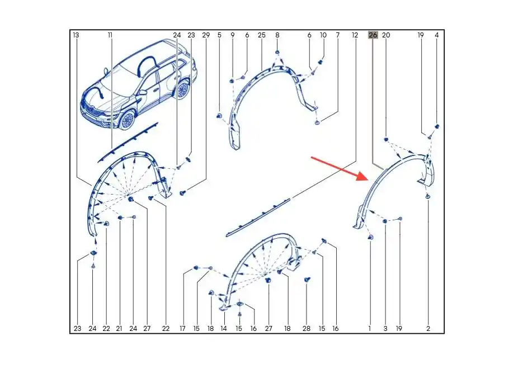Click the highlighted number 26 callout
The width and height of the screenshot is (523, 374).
373,35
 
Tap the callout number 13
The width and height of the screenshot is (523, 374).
76,35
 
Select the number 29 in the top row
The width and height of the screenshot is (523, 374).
206,35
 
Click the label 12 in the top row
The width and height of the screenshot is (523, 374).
355,35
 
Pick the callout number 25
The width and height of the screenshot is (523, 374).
262,35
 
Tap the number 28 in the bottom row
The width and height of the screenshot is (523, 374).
306,329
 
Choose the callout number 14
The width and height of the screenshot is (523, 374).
224,329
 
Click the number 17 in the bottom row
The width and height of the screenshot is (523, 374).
182,329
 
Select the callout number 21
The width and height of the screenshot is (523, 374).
119,329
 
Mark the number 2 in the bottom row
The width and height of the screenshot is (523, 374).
428,329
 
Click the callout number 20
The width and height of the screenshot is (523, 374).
386,35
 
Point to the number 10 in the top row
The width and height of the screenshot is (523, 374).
323,35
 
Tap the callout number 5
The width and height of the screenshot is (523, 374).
219,35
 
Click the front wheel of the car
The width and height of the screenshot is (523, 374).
127,121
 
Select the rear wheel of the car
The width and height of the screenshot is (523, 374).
182,89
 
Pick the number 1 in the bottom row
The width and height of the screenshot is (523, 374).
370,329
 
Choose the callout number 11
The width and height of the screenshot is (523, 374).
110,35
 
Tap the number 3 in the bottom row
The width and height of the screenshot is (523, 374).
385,329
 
